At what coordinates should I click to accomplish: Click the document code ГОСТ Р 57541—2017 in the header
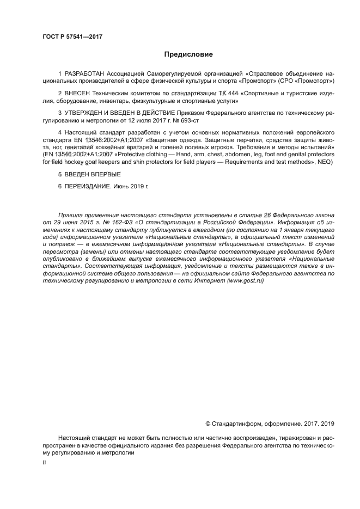tap(72, 36)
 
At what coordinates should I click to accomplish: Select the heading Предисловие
tap(189, 54)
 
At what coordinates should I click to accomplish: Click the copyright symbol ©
tap(208, 424)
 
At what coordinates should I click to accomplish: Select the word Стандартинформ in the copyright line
tap(235, 424)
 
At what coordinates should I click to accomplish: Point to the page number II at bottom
tap(44, 462)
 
